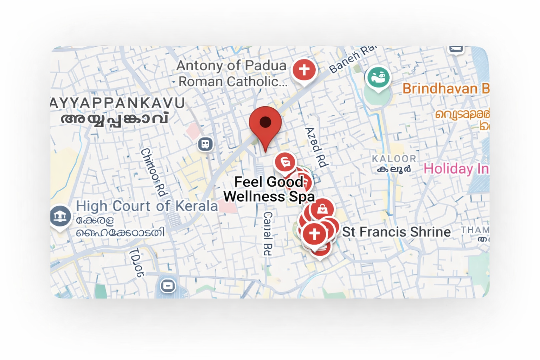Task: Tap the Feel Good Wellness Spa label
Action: pyautogui.click(x=269, y=189)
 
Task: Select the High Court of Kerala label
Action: pyautogui.click(x=147, y=206)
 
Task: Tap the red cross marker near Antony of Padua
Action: pyautogui.click(x=304, y=70)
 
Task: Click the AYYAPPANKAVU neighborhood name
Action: pyautogui.click(x=117, y=103)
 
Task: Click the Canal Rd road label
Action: pyautogui.click(x=268, y=233)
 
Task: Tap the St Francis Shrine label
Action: pyautogui.click(x=396, y=232)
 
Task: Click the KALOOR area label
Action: pyautogui.click(x=394, y=159)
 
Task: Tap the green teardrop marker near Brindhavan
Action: pyautogui.click(x=378, y=77)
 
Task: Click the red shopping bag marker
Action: pyautogui.click(x=322, y=209)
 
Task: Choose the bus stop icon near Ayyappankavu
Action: pyautogui.click(x=205, y=144)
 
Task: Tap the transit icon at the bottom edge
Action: pyautogui.click(x=168, y=285)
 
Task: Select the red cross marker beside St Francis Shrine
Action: pyautogui.click(x=314, y=234)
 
